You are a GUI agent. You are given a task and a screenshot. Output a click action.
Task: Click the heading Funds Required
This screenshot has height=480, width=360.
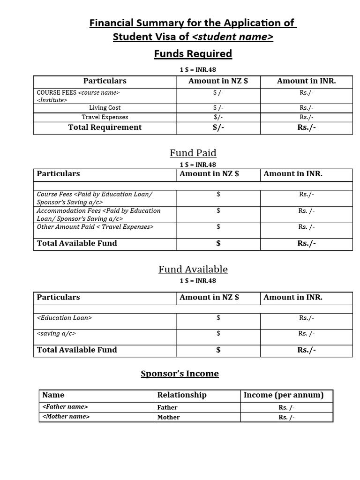pyautogui.click(x=193, y=54)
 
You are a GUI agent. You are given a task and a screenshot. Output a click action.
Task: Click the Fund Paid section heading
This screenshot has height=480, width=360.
pyautogui.click(x=193, y=153)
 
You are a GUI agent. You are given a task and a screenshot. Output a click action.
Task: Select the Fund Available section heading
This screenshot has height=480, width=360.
pyautogui.click(x=193, y=269)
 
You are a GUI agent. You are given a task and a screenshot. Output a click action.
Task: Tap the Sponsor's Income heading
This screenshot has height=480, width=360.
pyautogui.click(x=180, y=374)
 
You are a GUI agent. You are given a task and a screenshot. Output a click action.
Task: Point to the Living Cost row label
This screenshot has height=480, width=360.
pyautogui.click(x=105, y=108)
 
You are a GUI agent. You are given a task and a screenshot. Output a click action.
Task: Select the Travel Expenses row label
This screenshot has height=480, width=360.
pyautogui.click(x=105, y=117)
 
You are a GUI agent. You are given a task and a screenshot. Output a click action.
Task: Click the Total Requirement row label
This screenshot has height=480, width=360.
pyautogui.click(x=105, y=127)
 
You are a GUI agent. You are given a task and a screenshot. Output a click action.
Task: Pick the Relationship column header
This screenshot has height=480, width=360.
pyautogui.click(x=181, y=395)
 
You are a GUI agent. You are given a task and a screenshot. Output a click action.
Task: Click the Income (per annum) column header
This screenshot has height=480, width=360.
pyautogui.click(x=283, y=395)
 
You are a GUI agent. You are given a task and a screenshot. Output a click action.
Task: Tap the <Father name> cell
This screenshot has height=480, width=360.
pyautogui.click(x=65, y=407)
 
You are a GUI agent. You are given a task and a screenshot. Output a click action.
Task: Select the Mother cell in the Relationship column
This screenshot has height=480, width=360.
pyautogui.click(x=168, y=417)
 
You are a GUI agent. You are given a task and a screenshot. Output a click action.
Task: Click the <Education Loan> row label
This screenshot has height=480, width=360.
pyautogui.click(x=64, y=318)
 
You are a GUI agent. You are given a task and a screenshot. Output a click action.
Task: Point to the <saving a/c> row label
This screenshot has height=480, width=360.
pyautogui.click(x=56, y=334)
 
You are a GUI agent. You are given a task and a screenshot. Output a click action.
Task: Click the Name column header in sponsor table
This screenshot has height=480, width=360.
pyautogui.click(x=53, y=395)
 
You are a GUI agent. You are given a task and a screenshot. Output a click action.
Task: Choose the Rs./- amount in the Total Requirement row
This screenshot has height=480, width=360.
pyautogui.click(x=307, y=127)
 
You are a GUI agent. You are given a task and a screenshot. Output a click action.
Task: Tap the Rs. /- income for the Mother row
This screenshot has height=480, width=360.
pyautogui.click(x=286, y=417)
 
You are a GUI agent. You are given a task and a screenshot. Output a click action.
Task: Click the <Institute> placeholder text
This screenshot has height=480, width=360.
pyautogui.click(x=52, y=100)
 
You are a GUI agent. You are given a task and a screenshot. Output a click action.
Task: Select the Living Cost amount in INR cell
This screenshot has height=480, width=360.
pyautogui.click(x=307, y=108)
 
